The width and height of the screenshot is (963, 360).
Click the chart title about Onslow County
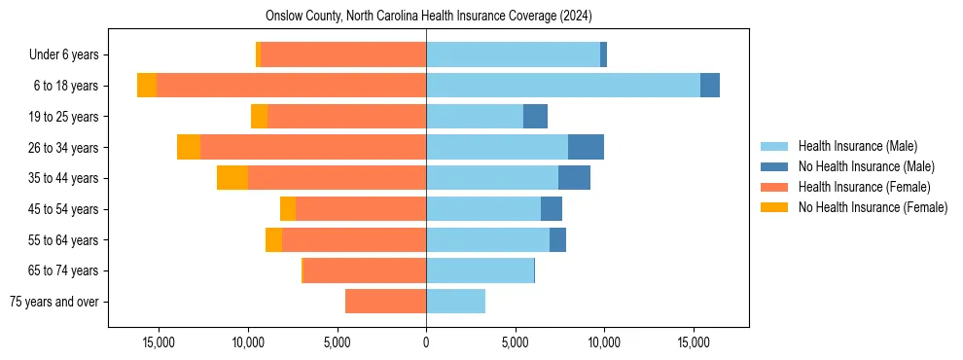click(428, 17)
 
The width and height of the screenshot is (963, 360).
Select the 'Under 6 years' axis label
click(63, 54)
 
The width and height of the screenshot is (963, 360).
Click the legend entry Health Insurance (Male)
click(857, 146)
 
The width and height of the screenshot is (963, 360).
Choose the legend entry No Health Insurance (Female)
click(873, 207)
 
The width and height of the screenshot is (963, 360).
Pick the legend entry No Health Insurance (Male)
click(866, 166)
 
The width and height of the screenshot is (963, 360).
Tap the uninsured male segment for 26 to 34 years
click(586, 147)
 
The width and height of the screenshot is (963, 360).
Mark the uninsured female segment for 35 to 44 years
click(232, 178)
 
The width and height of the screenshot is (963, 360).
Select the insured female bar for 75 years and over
click(385, 302)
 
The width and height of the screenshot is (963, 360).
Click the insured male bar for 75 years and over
click(455, 302)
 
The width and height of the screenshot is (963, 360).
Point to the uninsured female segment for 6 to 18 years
click(147, 86)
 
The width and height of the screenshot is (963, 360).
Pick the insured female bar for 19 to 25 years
click(346, 117)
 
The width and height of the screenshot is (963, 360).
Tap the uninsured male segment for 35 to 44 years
click(574, 178)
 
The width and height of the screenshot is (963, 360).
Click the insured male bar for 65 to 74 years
click(480, 270)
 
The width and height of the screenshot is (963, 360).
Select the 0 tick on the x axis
click(426, 342)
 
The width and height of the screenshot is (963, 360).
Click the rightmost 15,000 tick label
click(694, 342)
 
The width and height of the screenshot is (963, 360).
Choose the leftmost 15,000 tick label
click(159, 342)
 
